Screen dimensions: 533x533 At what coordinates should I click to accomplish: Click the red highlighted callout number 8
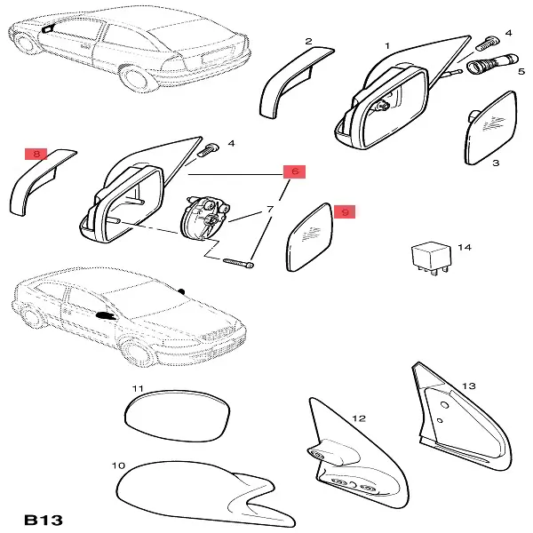pos(36,154)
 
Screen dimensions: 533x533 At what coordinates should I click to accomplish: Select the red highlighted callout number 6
pos(295,171)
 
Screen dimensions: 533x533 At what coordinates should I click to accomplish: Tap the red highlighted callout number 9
pos(345,212)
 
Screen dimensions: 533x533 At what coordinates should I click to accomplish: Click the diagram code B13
pos(44,520)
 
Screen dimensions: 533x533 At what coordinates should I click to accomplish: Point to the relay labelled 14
pos(431,258)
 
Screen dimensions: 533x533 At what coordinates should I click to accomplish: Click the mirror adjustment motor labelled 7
pos(205,219)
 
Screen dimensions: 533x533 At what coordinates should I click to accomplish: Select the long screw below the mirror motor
pos(238,262)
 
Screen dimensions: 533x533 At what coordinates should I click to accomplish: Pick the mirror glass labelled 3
pos(491,128)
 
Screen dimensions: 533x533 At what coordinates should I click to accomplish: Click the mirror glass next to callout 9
pos(310,237)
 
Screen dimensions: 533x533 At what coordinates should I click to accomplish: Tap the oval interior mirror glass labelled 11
pos(177,416)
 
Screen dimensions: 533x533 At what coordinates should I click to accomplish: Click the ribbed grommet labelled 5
pos(492,62)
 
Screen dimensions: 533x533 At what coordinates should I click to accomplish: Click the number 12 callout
pos(359,418)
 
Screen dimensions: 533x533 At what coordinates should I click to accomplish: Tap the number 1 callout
pos(387,45)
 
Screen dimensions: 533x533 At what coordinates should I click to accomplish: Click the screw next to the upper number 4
pos(489,44)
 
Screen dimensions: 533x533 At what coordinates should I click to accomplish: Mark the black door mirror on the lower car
pos(106,315)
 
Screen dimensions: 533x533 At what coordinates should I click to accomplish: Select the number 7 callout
pos(270,209)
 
